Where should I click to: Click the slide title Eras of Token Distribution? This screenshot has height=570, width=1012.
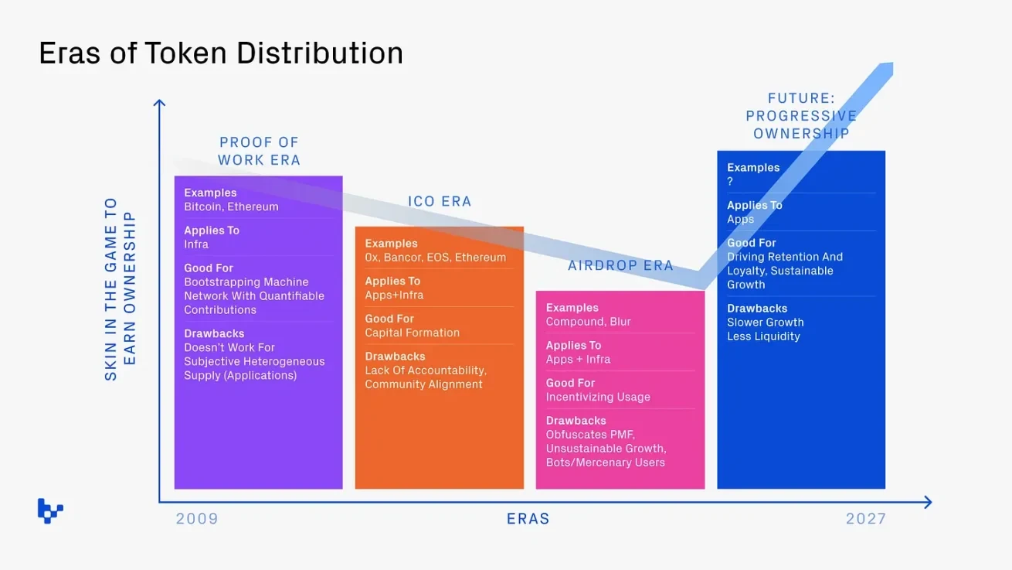[221, 53]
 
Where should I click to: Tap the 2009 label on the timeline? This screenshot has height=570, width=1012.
[197, 518]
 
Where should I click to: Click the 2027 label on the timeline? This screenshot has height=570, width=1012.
[865, 518]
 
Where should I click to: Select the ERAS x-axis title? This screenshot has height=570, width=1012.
[528, 518]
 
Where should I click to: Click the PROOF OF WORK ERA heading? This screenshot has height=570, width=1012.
[259, 151]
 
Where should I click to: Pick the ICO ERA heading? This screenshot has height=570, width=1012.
[440, 202]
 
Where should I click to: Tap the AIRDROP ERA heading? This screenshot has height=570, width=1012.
[620, 265]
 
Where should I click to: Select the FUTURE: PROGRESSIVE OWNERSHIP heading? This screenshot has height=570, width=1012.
[801, 116]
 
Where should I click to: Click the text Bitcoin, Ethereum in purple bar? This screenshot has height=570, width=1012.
[231, 206]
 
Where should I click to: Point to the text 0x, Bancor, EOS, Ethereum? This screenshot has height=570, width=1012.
[435, 257]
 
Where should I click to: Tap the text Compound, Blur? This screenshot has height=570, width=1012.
[588, 322]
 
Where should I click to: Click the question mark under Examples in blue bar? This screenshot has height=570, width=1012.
[730, 182]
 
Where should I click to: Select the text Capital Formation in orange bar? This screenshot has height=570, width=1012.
[412, 333]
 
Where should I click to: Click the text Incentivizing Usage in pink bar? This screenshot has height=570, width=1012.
[598, 397]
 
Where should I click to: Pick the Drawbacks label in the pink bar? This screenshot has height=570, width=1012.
[576, 421]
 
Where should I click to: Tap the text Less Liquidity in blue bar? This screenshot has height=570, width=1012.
[763, 336]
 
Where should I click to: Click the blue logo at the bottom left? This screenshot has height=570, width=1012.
[50, 510]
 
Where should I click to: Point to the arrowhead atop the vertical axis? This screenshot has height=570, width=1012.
[159, 103]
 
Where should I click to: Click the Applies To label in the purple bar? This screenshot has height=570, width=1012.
[212, 230]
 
